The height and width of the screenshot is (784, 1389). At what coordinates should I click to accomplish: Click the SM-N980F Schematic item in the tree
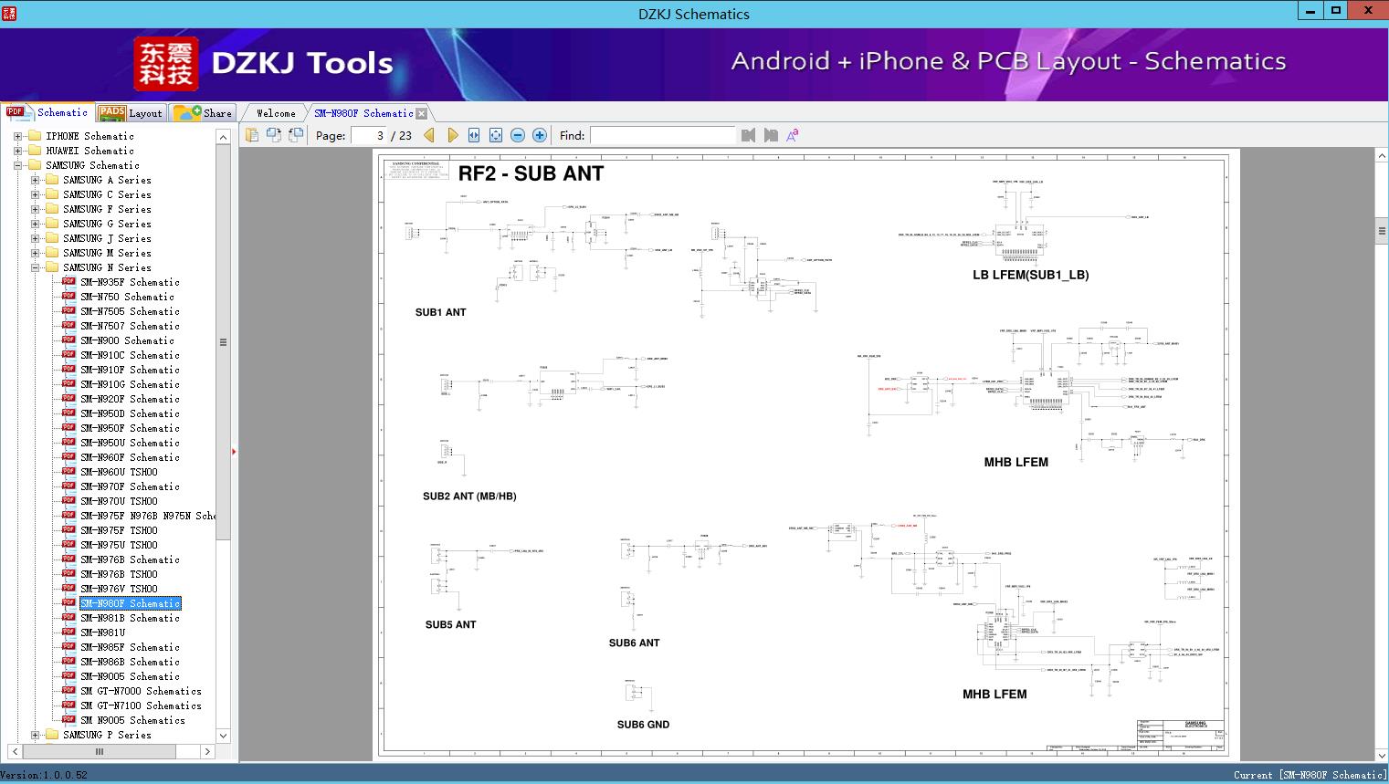pyautogui.click(x=130, y=603)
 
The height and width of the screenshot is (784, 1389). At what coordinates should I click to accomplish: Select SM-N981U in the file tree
pyautogui.click(x=102, y=632)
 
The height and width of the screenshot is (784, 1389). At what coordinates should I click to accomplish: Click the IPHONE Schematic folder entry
pyautogui.click(x=89, y=136)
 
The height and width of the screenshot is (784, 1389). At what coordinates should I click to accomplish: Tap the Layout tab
pyautogui.click(x=132, y=113)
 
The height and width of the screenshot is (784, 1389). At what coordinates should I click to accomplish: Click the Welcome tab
pyautogui.click(x=275, y=113)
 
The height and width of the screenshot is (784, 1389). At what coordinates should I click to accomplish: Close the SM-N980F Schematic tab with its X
pyautogui.click(x=421, y=113)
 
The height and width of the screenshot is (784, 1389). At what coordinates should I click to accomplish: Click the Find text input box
pyautogui.click(x=662, y=136)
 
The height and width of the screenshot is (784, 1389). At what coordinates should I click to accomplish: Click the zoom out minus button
pyautogui.click(x=518, y=136)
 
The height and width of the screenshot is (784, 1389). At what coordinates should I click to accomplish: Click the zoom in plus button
pyautogui.click(x=540, y=136)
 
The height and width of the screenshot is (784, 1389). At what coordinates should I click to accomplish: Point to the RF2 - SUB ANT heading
pyautogui.click(x=531, y=173)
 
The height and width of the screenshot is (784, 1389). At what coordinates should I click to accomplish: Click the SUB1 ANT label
pyautogui.click(x=440, y=312)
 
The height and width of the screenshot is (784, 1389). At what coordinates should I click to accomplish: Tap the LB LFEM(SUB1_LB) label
pyautogui.click(x=1030, y=275)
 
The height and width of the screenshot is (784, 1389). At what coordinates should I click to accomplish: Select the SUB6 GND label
pyautogui.click(x=643, y=725)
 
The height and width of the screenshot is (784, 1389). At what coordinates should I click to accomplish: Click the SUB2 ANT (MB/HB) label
pyautogui.click(x=469, y=497)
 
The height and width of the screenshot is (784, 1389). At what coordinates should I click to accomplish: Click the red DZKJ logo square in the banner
pyautogui.click(x=165, y=64)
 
